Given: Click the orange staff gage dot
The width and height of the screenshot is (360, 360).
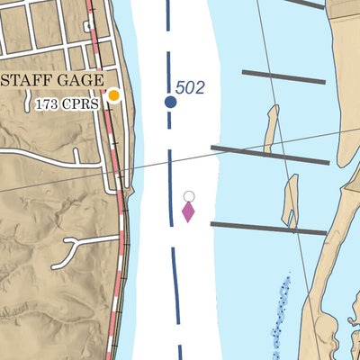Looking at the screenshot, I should (x=114, y=94).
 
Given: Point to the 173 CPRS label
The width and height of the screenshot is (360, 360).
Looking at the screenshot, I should (x=67, y=103).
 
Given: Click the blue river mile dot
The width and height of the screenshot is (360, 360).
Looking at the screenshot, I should (x=170, y=102).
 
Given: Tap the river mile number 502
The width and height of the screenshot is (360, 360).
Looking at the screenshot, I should (x=190, y=87).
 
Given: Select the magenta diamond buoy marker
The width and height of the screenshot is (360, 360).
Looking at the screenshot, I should (x=188, y=212).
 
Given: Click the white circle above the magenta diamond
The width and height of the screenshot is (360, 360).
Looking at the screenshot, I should (x=189, y=196).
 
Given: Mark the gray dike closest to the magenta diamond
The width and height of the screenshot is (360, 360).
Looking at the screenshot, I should (x=267, y=229).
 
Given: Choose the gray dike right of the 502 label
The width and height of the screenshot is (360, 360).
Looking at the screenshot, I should (x=283, y=76).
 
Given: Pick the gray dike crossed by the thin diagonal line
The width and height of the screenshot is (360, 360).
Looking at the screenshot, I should (x=270, y=154).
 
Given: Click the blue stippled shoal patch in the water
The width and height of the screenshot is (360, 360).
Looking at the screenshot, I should (x=281, y=310).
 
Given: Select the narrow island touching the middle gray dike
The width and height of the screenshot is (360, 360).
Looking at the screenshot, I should (x=271, y=128).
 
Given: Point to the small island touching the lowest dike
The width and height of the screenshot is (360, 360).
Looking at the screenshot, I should (x=290, y=201).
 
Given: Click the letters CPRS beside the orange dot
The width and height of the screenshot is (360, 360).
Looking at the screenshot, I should (x=82, y=103).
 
